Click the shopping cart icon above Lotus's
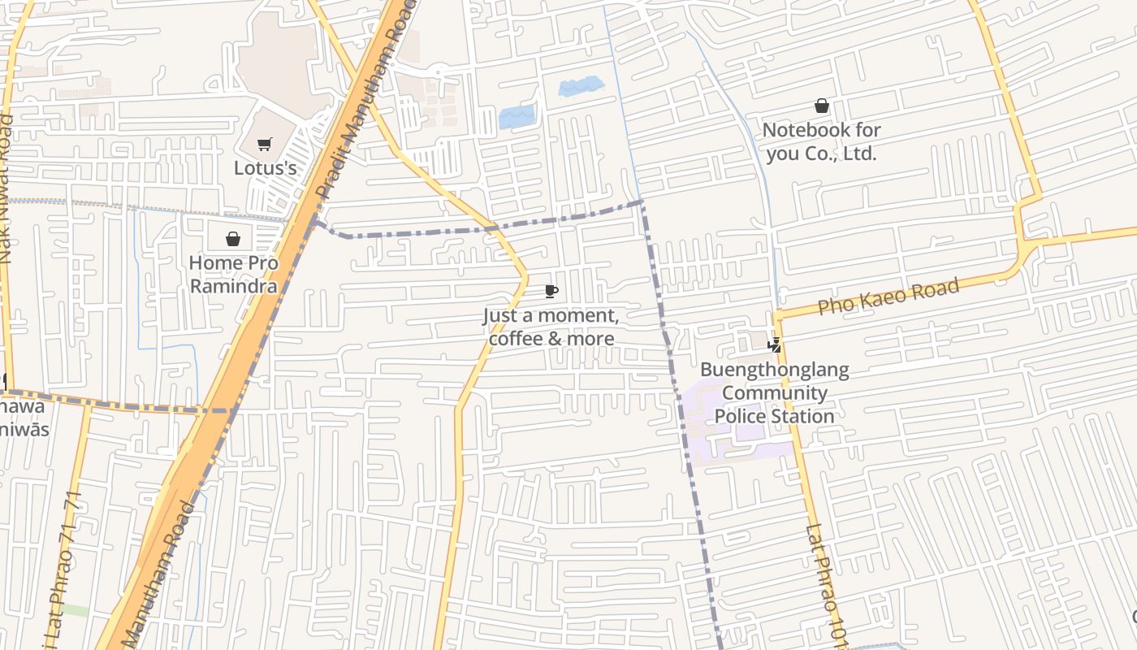point(264,145)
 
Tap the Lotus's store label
point(265,168)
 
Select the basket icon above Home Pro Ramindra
point(233,239)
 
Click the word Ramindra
point(233,286)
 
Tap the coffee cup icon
point(551,292)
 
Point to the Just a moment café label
point(551,315)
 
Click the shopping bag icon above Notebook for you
point(821,106)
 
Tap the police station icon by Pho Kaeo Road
point(775,345)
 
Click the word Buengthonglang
point(774,370)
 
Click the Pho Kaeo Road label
point(888,297)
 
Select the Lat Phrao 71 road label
point(64,552)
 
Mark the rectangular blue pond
point(517,118)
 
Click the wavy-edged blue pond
point(581,86)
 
